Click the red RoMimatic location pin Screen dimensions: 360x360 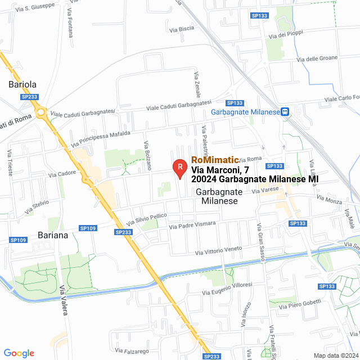[179, 167]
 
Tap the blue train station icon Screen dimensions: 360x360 [285, 111]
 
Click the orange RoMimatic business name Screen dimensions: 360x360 [215, 160]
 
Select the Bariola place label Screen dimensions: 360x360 [22, 84]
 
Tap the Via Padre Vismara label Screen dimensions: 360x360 [192, 225]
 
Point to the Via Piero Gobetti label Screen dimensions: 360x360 [304, 304]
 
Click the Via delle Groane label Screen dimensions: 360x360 [317, 58]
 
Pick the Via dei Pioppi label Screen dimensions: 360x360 [287, 35]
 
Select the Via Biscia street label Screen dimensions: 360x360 [181, 28]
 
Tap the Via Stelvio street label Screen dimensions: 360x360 [37, 207]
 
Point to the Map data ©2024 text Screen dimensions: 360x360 [335, 355]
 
